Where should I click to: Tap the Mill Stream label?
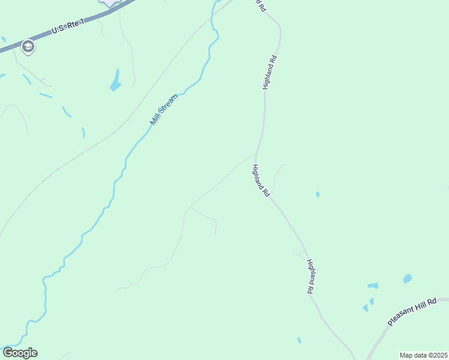point(164,109)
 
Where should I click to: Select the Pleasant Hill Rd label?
point(418,313)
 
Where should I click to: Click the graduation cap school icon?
point(27,46)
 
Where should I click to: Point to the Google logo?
point(20,353)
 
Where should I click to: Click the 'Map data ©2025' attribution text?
point(423,355)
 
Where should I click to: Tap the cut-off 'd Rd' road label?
point(261,5)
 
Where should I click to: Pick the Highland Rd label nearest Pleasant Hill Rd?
point(310,276)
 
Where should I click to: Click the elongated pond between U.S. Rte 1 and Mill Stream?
point(115,81)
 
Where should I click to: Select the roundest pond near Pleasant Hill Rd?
point(408,278)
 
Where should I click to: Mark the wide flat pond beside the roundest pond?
point(373,286)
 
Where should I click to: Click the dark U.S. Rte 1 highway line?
point(36,38)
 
